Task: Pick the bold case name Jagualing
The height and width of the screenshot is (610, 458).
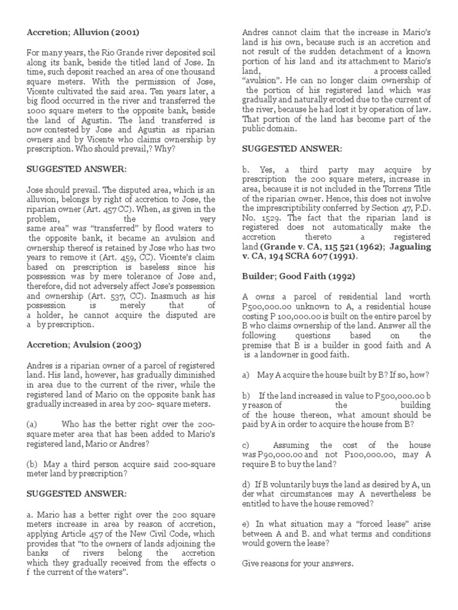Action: [405, 247]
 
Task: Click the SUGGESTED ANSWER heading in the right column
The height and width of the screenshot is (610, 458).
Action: [292, 148]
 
